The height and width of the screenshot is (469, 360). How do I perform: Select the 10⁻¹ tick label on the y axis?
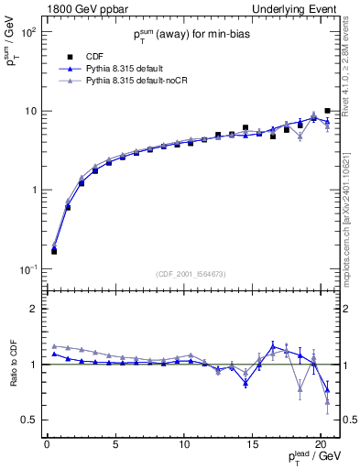pos(27,269)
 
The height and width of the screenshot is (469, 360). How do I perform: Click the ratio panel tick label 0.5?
pos(28,420)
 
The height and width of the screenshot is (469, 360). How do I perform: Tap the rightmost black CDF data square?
pos(327,111)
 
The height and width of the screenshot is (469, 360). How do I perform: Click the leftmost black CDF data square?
pos(54,251)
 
